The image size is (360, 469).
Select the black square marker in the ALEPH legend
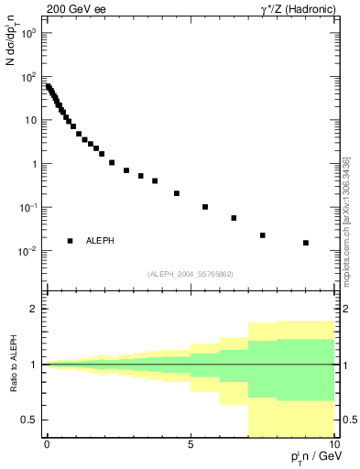pos(71,241)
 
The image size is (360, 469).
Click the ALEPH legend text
pos(100,241)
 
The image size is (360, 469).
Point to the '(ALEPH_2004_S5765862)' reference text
pos(191,274)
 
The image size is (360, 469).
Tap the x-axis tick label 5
pos(191,444)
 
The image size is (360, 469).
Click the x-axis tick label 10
pos(333,444)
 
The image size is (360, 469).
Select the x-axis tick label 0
pos(47,444)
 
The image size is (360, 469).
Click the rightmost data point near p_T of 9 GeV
pos(306,243)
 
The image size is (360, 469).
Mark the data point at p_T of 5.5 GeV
pos(205,207)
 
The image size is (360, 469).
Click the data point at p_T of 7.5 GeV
pos(263,235)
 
